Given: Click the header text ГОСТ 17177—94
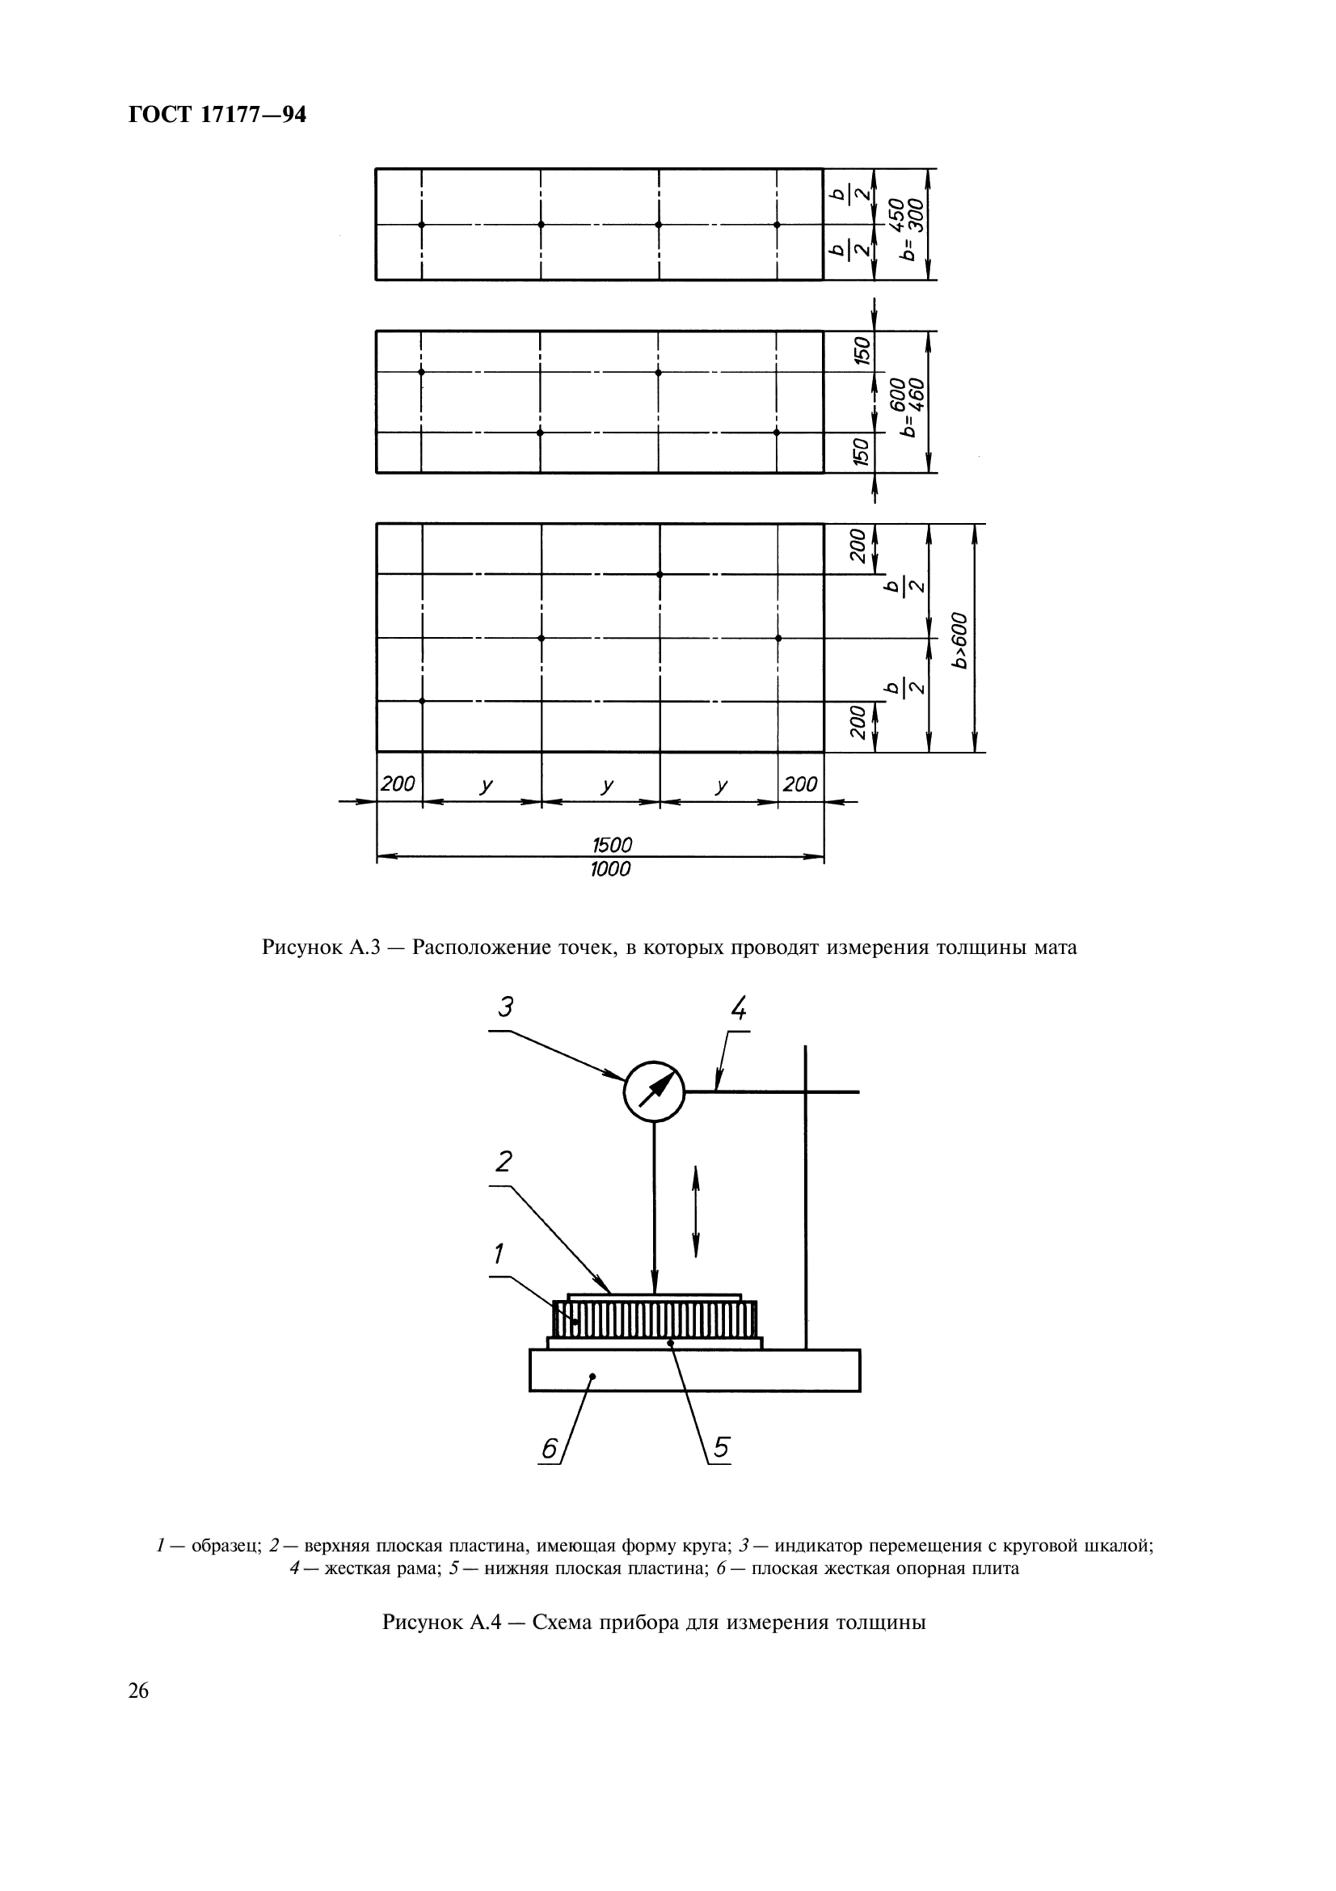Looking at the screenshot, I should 217,116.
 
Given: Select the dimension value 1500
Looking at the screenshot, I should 613,844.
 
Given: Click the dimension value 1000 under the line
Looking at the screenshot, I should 610,869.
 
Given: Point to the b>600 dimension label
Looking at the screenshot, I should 959,639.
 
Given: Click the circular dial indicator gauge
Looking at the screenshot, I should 655,1091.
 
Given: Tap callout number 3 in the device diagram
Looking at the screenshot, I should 505,1007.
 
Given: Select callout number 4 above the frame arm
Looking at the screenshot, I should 739,1007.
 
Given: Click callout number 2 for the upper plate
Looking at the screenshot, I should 503,1162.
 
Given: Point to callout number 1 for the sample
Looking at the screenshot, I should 499,1254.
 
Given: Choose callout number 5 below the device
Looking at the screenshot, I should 721,1447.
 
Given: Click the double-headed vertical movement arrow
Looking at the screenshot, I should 697,1211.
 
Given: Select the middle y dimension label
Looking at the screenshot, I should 607,786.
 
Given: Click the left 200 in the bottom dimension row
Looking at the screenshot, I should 398,784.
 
